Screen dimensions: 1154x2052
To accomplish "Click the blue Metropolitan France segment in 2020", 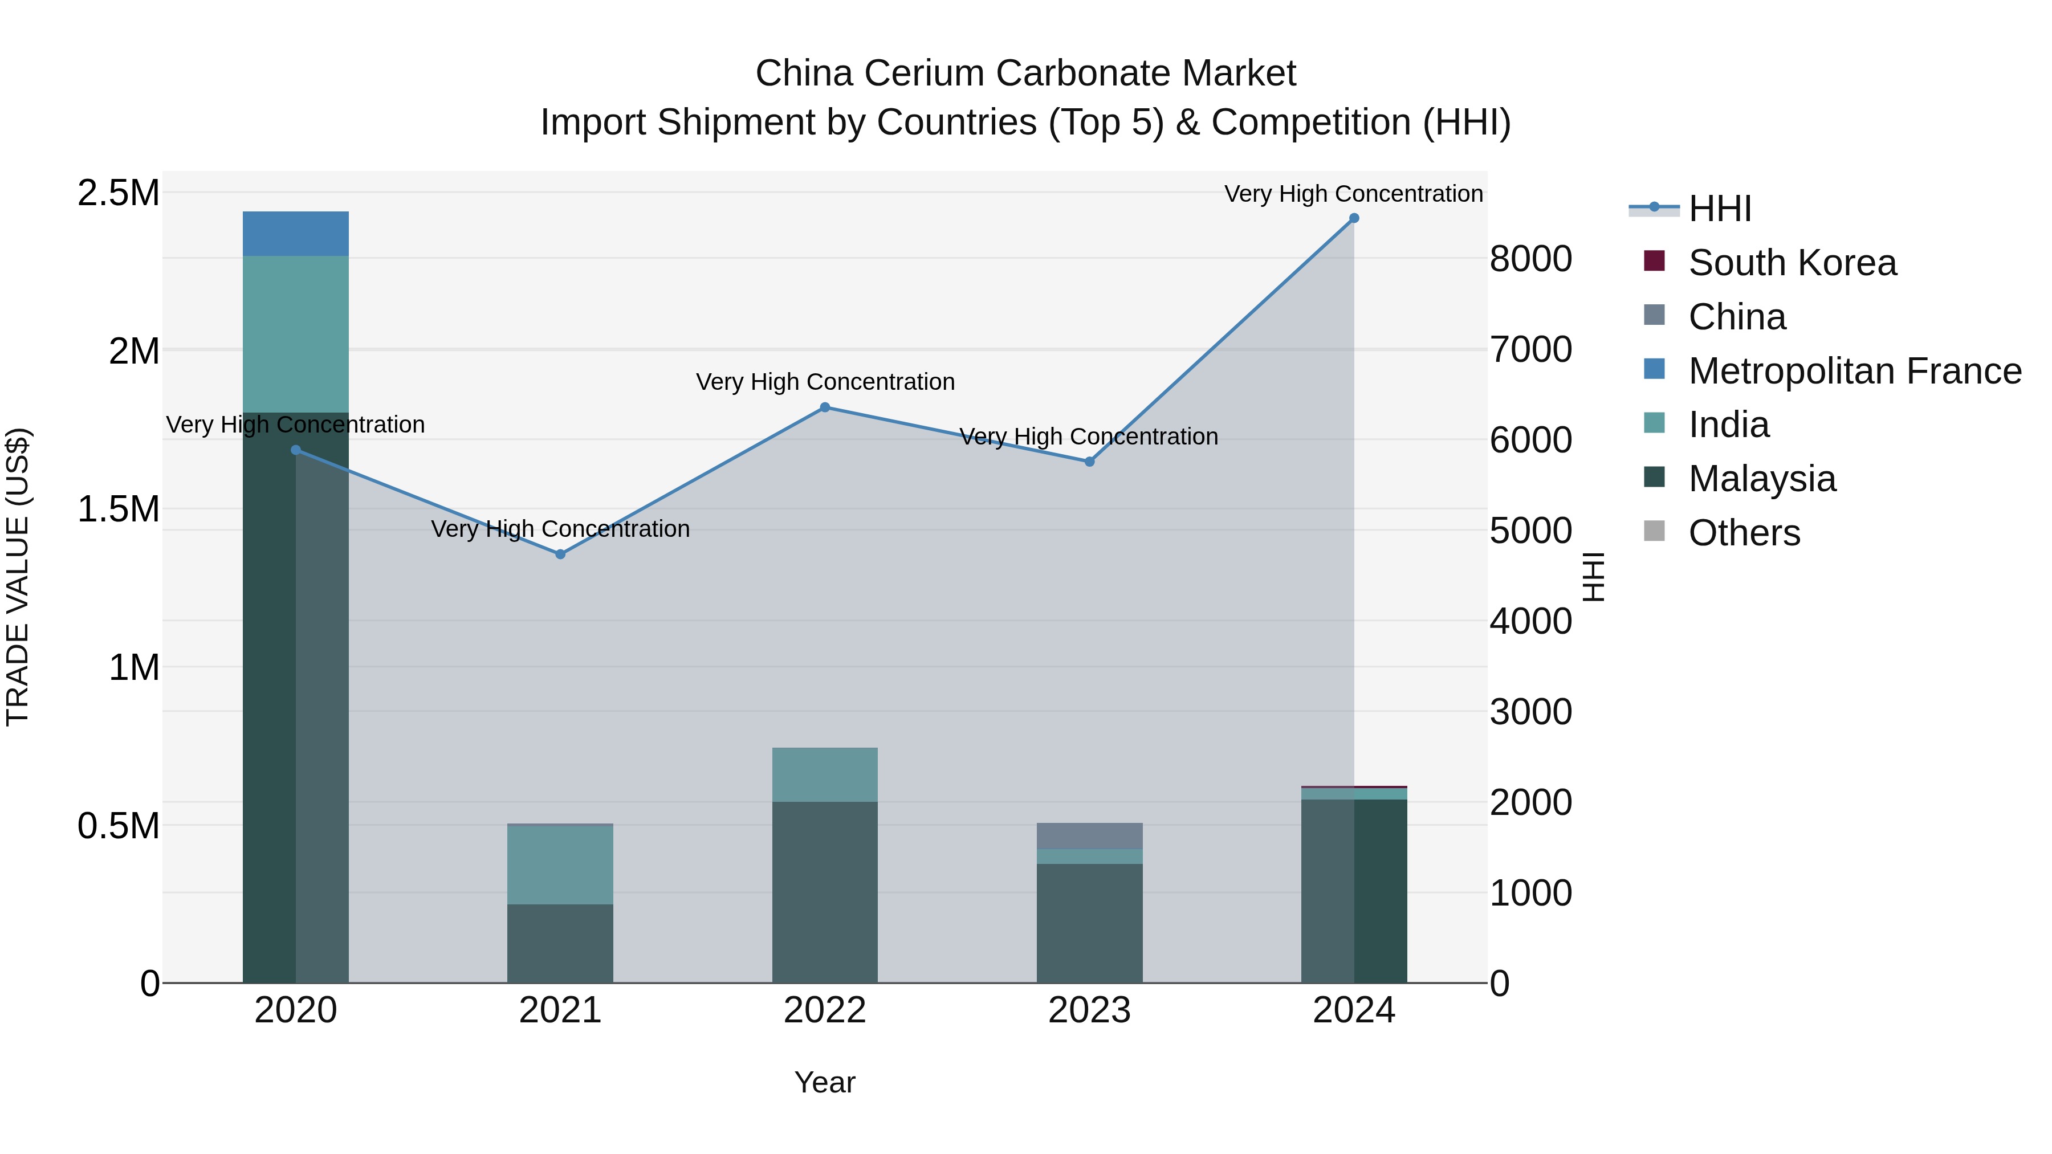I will [x=295, y=233].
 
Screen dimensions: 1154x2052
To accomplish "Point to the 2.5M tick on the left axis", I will [x=118, y=193].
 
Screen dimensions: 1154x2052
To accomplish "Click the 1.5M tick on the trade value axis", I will [x=118, y=509].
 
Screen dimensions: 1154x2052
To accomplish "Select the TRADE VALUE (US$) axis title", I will [x=18, y=577].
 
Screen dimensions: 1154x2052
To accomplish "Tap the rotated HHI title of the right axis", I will [x=1593, y=577].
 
